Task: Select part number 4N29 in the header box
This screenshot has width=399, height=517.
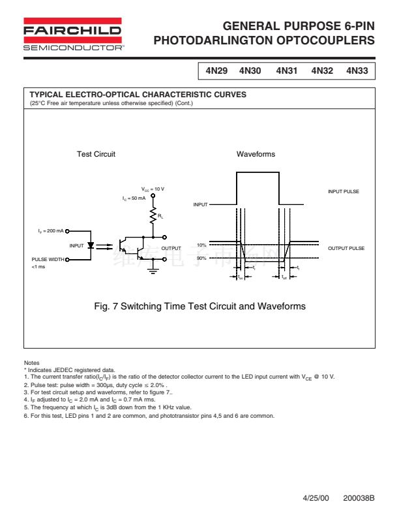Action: (216, 70)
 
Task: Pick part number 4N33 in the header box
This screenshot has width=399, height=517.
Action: (358, 70)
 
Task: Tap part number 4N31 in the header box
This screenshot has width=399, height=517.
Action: (287, 70)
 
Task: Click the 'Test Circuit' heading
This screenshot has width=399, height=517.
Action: (96, 154)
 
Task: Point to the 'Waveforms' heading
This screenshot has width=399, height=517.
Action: (256, 154)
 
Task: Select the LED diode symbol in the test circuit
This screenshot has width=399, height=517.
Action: (91, 246)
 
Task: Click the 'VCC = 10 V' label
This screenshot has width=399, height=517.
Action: (153, 189)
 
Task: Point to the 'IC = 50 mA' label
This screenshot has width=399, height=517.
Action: (134, 197)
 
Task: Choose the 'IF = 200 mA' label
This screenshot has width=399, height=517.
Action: (50, 230)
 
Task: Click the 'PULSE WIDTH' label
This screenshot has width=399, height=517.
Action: (48, 259)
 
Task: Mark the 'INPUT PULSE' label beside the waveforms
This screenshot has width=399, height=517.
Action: (344, 191)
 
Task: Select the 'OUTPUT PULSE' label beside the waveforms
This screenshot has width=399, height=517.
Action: (346, 248)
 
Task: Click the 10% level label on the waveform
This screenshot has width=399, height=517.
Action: (201, 245)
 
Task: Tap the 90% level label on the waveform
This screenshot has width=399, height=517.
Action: (201, 258)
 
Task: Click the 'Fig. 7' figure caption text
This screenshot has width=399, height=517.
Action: (199, 306)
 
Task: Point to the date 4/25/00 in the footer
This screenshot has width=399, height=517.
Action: (316, 497)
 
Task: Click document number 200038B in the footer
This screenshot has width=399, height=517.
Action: (359, 497)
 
